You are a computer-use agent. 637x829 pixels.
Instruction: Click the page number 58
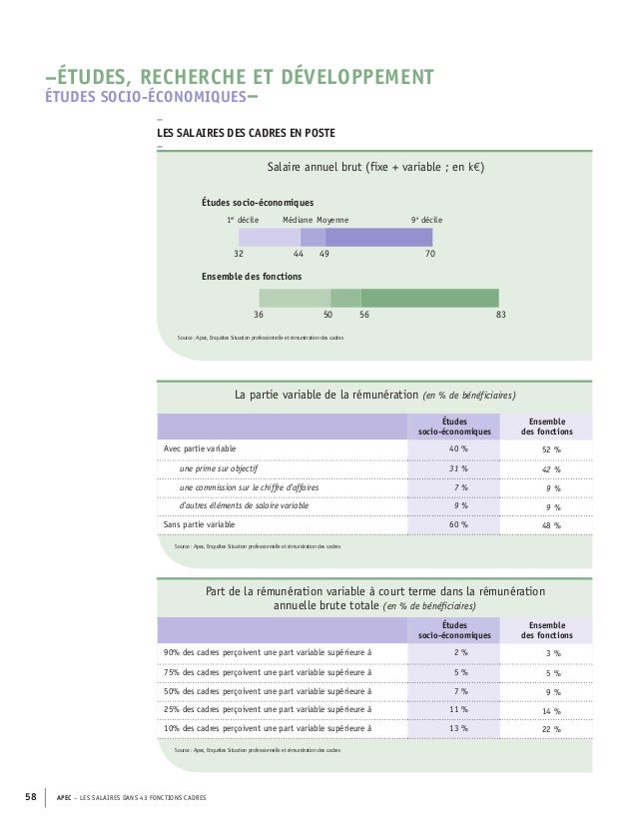click(30, 796)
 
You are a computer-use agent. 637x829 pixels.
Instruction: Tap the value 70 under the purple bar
click(430, 255)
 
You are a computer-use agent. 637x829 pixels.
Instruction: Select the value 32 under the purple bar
click(239, 255)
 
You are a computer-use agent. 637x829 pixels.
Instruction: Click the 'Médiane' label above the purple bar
click(298, 219)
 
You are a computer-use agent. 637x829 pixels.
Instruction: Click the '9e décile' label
click(427, 219)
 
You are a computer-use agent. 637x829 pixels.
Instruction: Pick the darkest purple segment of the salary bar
click(379, 237)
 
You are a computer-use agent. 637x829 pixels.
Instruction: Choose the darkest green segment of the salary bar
click(429, 298)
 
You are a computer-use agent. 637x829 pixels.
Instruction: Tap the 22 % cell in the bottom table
click(550, 729)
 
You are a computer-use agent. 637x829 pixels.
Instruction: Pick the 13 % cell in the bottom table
click(458, 728)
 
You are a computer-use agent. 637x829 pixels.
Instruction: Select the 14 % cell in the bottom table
click(550, 710)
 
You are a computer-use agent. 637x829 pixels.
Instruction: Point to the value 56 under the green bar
click(364, 315)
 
